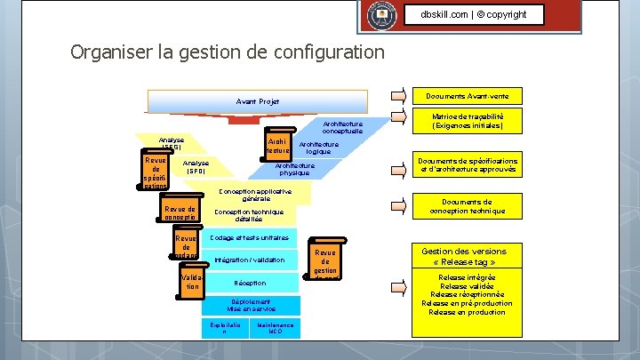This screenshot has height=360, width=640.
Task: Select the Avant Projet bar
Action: point(258,101)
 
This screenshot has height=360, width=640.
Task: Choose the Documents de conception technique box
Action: point(468,206)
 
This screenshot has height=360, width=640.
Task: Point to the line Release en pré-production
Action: point(468,303)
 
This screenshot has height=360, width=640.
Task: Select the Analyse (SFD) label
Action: point(196,166)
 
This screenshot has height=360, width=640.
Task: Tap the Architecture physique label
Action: point(294,169)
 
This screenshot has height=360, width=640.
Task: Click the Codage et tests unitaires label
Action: point(250,238)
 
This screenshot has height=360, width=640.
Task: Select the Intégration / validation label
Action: point(250,260)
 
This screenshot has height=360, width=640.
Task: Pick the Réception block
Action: point(250,283)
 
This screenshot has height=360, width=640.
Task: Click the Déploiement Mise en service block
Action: point(251,305)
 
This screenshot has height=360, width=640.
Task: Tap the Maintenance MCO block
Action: point(276,328)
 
